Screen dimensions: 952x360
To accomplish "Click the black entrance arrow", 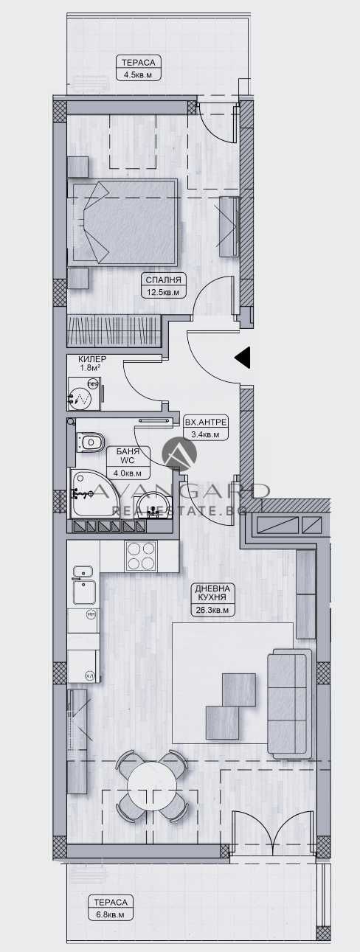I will point(243,358).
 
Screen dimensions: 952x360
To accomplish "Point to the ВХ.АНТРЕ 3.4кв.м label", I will point(206,428).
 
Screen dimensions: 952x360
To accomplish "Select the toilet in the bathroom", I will point(91,442).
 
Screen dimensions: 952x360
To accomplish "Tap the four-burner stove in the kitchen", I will point(141,555).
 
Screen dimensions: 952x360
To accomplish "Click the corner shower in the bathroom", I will point(88,493).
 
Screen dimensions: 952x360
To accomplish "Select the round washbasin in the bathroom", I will point(156,504).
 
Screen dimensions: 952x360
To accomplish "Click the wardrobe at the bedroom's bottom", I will point(114,330).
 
